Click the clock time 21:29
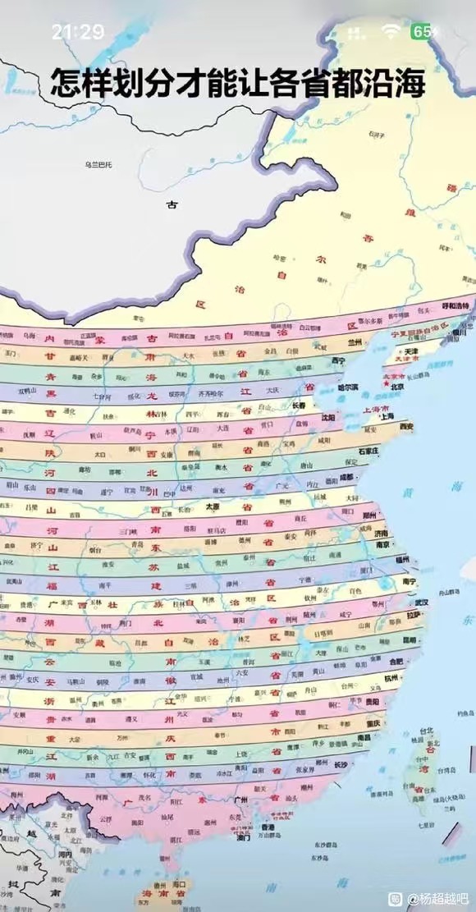pyautogui.click(x=78, y=32)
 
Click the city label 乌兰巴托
pyautogui.click(x=98, y=165)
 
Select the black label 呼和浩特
pyautogui.click(x=457, y=305)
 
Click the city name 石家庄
pyautogui.click(x=372, y=451)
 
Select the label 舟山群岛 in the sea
pyautogui.click(x=447, y=590)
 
